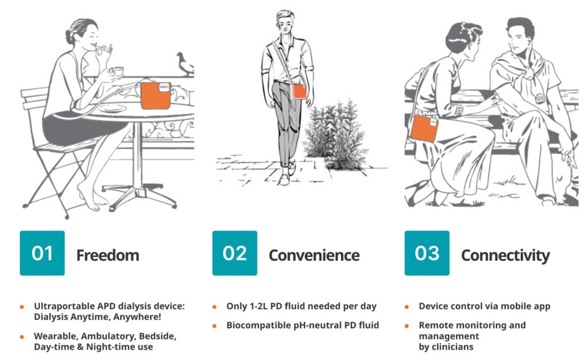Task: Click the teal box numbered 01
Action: pyautogui.click(x=42, y=253)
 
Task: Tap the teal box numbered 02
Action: pyautogui.click(x=235, y=253)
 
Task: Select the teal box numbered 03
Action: pyautogui.click(x=427, y=253)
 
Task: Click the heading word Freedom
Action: pyautogui.click(x=107, y=256)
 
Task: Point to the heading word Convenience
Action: pyautogui.click(x=314, y=256)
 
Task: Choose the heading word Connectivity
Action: pyautogui.click(x=505, y=256)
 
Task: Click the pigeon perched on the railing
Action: pyautogui.click(x=185, y=64)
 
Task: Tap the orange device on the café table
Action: pyautogui.click(x=156, y=96)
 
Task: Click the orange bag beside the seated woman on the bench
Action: pyautogui.click(x=424, y=128)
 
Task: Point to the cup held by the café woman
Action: pyautogui.click(x=118, y=71)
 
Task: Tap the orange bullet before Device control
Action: pyautogui.click(x=407, y=307)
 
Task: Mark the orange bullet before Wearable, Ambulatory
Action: pyautogui.click(x=22, y=337)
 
